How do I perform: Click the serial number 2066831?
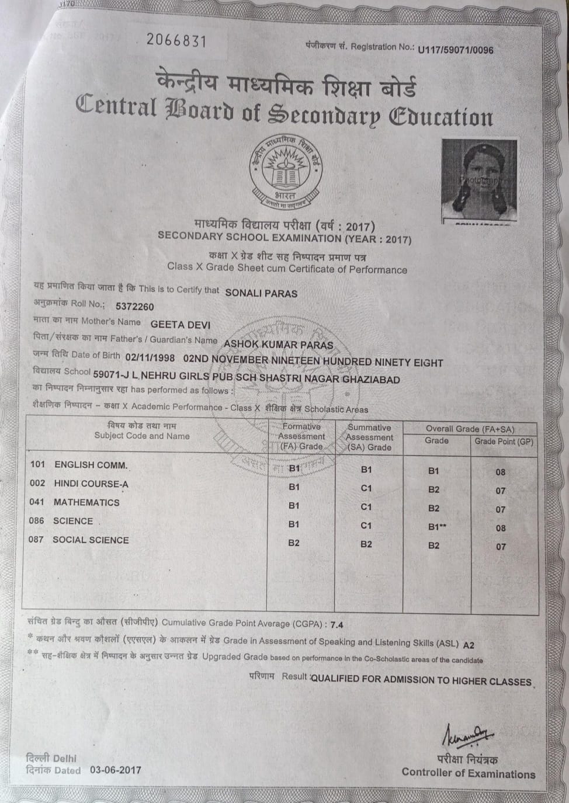tap(176, 40)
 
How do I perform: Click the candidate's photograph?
tap(479, 180)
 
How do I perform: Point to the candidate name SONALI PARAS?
tap(261, 293)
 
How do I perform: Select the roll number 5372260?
tap(135, 307)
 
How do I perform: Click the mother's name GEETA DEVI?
tap(181, 325)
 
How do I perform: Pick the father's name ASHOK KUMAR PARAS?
tap(278, 345)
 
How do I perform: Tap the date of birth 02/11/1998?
tap(150, 357)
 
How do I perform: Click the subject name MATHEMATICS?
tap(86, 502)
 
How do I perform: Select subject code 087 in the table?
tap(36, 540)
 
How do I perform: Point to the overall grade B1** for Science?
tap(437, 527)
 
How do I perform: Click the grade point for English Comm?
tap(501, 472)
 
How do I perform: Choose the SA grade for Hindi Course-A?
tap(366, 488)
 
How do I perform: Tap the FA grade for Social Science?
tap(294, 543)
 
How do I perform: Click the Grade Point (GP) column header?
tap(504, 442)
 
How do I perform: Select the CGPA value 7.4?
tap(336, 625)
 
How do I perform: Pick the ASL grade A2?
tap(469, 645)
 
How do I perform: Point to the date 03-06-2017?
tap(116, 770)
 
